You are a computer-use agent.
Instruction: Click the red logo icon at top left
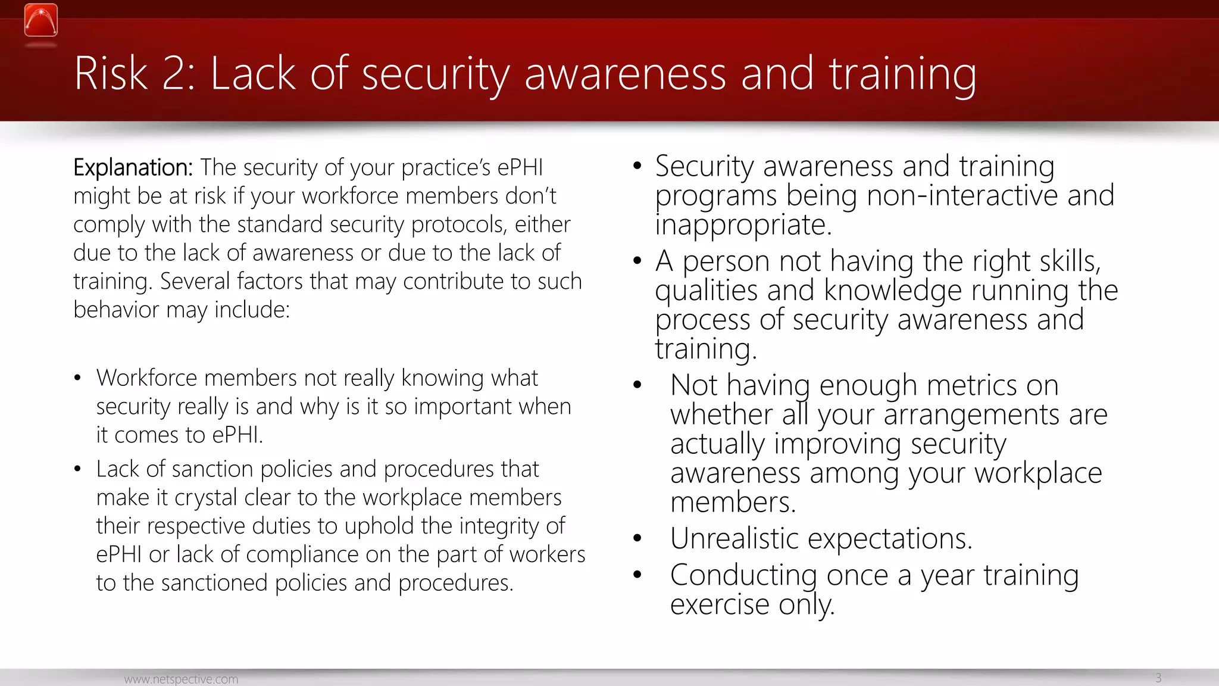click(x=41, y=21)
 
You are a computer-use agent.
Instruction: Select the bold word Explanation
click(x=132, y=168)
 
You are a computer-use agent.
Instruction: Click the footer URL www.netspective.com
click(x=181, y=679)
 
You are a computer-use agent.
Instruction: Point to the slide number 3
click(x=1158, y=678)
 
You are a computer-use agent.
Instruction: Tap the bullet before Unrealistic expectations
click(x=637, y=538)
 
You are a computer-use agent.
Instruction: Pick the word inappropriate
click(x=742, y=225)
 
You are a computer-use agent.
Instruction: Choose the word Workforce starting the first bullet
click(x=146, y=378)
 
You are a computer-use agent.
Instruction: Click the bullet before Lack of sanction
click(x=77, y=469)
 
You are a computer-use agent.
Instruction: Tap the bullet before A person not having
click(x=637, y=261)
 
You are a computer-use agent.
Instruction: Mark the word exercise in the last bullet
click(x=720, y=605)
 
